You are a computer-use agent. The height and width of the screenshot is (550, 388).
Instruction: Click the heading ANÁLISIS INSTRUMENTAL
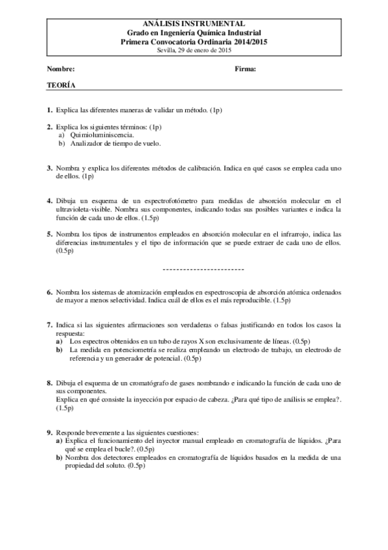point(194,23)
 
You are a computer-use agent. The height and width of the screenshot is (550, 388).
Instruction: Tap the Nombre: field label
point(61,69)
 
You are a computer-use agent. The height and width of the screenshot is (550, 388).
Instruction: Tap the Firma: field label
point(245,69)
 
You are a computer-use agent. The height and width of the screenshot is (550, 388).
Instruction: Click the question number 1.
point(49,112)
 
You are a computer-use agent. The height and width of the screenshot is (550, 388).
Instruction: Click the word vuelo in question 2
point(149,143)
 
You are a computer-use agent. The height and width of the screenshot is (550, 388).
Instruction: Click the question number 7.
point(49,324)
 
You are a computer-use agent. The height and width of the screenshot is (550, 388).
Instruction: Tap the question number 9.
point(49,432)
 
